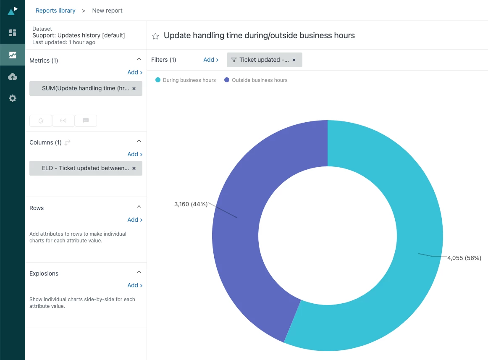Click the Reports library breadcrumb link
(55, 11)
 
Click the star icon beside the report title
(155, 36)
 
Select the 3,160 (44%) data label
(191, 204)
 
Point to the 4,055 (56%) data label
(464, 258)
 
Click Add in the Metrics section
(135, 72)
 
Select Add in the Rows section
(135, 220)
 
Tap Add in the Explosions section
(135, 285)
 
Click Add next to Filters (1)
(211, 60)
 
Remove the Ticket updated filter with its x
(294, 60)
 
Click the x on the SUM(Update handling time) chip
(134, 89)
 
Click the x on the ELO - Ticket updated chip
(134, 168)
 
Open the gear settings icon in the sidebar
(13, 98)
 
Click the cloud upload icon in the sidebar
(13, 76)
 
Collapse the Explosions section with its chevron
(139, 273)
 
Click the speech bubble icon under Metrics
(86, 121)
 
